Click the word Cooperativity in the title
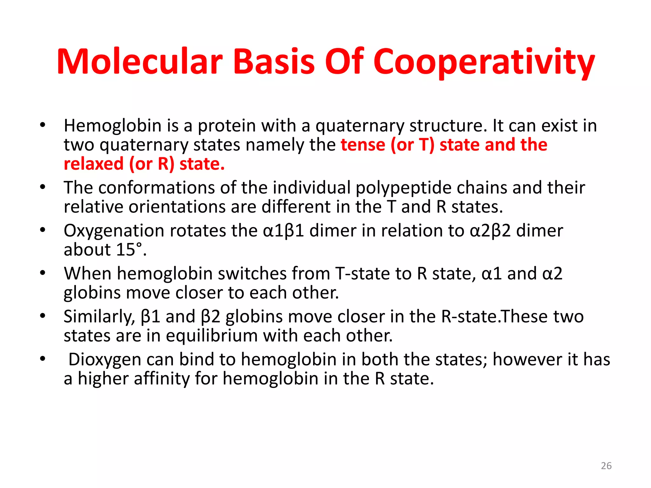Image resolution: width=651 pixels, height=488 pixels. pyautogui.click(x=483, y=62)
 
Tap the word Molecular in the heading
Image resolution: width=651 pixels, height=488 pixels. pyautogui.click(x=140, y=62)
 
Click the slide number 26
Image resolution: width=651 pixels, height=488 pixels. pyautogui.click(x=606, y=466)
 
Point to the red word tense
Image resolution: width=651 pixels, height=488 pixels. pyautogui.click(x=363, y=145)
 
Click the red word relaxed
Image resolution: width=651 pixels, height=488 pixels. pyautogui.click(x=93, y=164)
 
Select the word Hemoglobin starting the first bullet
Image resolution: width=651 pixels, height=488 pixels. pyautogui.click(x=113, y=126)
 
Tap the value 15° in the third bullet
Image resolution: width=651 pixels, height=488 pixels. pyautogui.click(x=129, y=250)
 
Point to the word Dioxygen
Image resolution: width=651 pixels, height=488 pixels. pyautogui.click(x=105, y=360)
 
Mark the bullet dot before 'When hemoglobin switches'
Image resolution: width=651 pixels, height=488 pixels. pyautogui.click(x=43, y=273)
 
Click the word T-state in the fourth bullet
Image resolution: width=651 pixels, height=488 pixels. pyautogui.click(x=362, y=274)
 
